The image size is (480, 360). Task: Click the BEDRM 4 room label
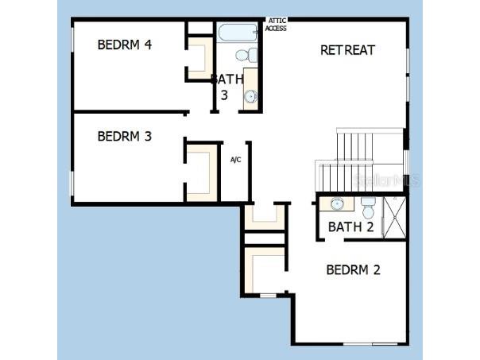tap(125, 45)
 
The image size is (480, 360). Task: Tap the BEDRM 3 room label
tap(124, 137)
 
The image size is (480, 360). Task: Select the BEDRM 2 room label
tap(353, 269)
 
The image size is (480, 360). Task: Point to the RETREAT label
tap(347, 50)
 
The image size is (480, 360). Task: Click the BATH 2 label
tap(350, 227)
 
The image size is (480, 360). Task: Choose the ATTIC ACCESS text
tap(277, 25)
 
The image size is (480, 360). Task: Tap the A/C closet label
tap(236, 161)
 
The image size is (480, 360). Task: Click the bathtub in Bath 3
tap(237, 33)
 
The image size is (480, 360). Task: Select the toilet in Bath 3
tap(250, 55)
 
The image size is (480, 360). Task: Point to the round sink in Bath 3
tap(250, 97)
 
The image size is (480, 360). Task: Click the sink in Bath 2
tap(336, 204)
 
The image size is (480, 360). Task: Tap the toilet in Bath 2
tap(368, 209)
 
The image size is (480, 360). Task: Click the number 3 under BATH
tap(224, 95)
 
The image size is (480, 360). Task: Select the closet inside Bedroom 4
tap(199, 58)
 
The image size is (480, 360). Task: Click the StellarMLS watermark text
tap(388, 180)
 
